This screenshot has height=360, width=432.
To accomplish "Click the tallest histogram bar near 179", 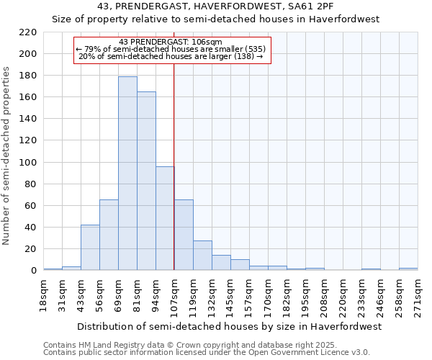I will point(127,173).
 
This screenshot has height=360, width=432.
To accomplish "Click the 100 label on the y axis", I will point(29,163).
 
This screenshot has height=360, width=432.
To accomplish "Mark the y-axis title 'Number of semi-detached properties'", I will point(7,156).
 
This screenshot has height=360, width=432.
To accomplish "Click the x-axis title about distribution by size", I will point(230,326).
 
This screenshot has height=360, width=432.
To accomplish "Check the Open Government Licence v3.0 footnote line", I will point(206,352).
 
